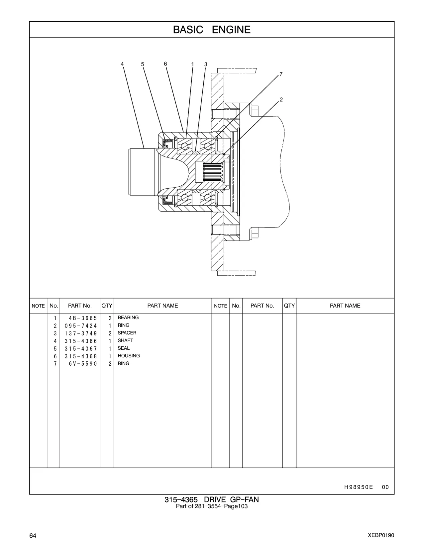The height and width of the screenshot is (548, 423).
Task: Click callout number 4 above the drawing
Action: click(x=122, y=64)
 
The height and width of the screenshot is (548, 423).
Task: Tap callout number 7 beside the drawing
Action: click(x=281, y=74)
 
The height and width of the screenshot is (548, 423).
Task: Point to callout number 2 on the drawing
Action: click(x=281, y=100)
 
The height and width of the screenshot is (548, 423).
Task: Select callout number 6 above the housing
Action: click(x=165, y=64)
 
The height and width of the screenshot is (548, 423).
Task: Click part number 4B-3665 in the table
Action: click(x=83, y=318)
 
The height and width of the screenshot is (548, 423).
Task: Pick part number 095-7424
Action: click(x=81, y=326)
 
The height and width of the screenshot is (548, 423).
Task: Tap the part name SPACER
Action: click(x=127, y=333)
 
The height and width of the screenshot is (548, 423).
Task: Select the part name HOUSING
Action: click(x=129, y=356)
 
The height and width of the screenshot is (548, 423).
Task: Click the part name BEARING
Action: click(x=128, y=318)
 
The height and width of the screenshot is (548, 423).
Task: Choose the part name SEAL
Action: click(x=124, y=348)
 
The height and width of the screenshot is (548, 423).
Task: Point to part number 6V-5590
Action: click(x=83, y=364)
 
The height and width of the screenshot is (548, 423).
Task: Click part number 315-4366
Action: click(x=81, y=341)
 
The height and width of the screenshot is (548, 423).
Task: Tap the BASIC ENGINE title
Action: click(x=212, y=30)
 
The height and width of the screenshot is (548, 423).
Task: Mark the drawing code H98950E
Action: click(x=359, y=487)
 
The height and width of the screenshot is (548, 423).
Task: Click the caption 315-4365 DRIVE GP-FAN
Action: click(x=212, y=500)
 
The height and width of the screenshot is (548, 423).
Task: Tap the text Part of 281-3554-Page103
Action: click(x=212, y=506)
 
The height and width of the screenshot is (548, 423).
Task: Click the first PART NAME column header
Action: click(x=162, y=306)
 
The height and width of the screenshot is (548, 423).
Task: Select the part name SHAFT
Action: click(x=125, y=340)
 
